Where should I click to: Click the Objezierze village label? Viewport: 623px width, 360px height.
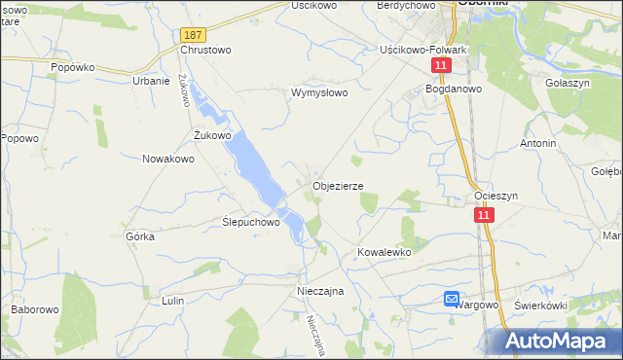(338, 185)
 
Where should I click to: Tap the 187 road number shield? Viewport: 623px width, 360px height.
(191, 34)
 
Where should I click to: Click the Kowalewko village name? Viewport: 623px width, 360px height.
(385, 252)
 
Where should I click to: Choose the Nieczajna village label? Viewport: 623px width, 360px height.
(321, 291)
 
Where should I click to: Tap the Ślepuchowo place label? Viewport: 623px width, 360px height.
(251, 221)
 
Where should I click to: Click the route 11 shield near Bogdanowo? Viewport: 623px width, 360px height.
(442, 65)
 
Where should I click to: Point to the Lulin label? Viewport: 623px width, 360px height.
(173, 302)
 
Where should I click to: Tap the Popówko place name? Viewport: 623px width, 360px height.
(72, 68)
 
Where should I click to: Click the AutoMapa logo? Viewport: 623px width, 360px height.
(560, 341)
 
